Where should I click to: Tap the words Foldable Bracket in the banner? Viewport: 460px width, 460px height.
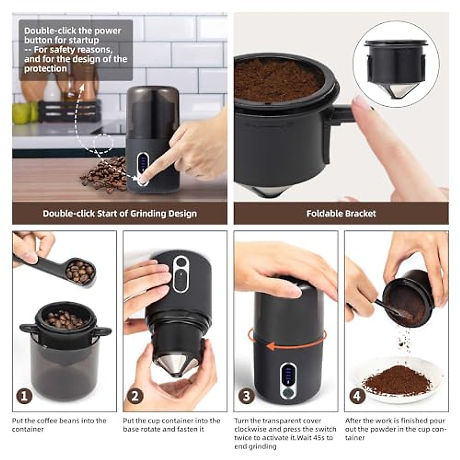click(341, 214)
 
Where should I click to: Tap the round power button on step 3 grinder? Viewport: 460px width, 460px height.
click(288, 393)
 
